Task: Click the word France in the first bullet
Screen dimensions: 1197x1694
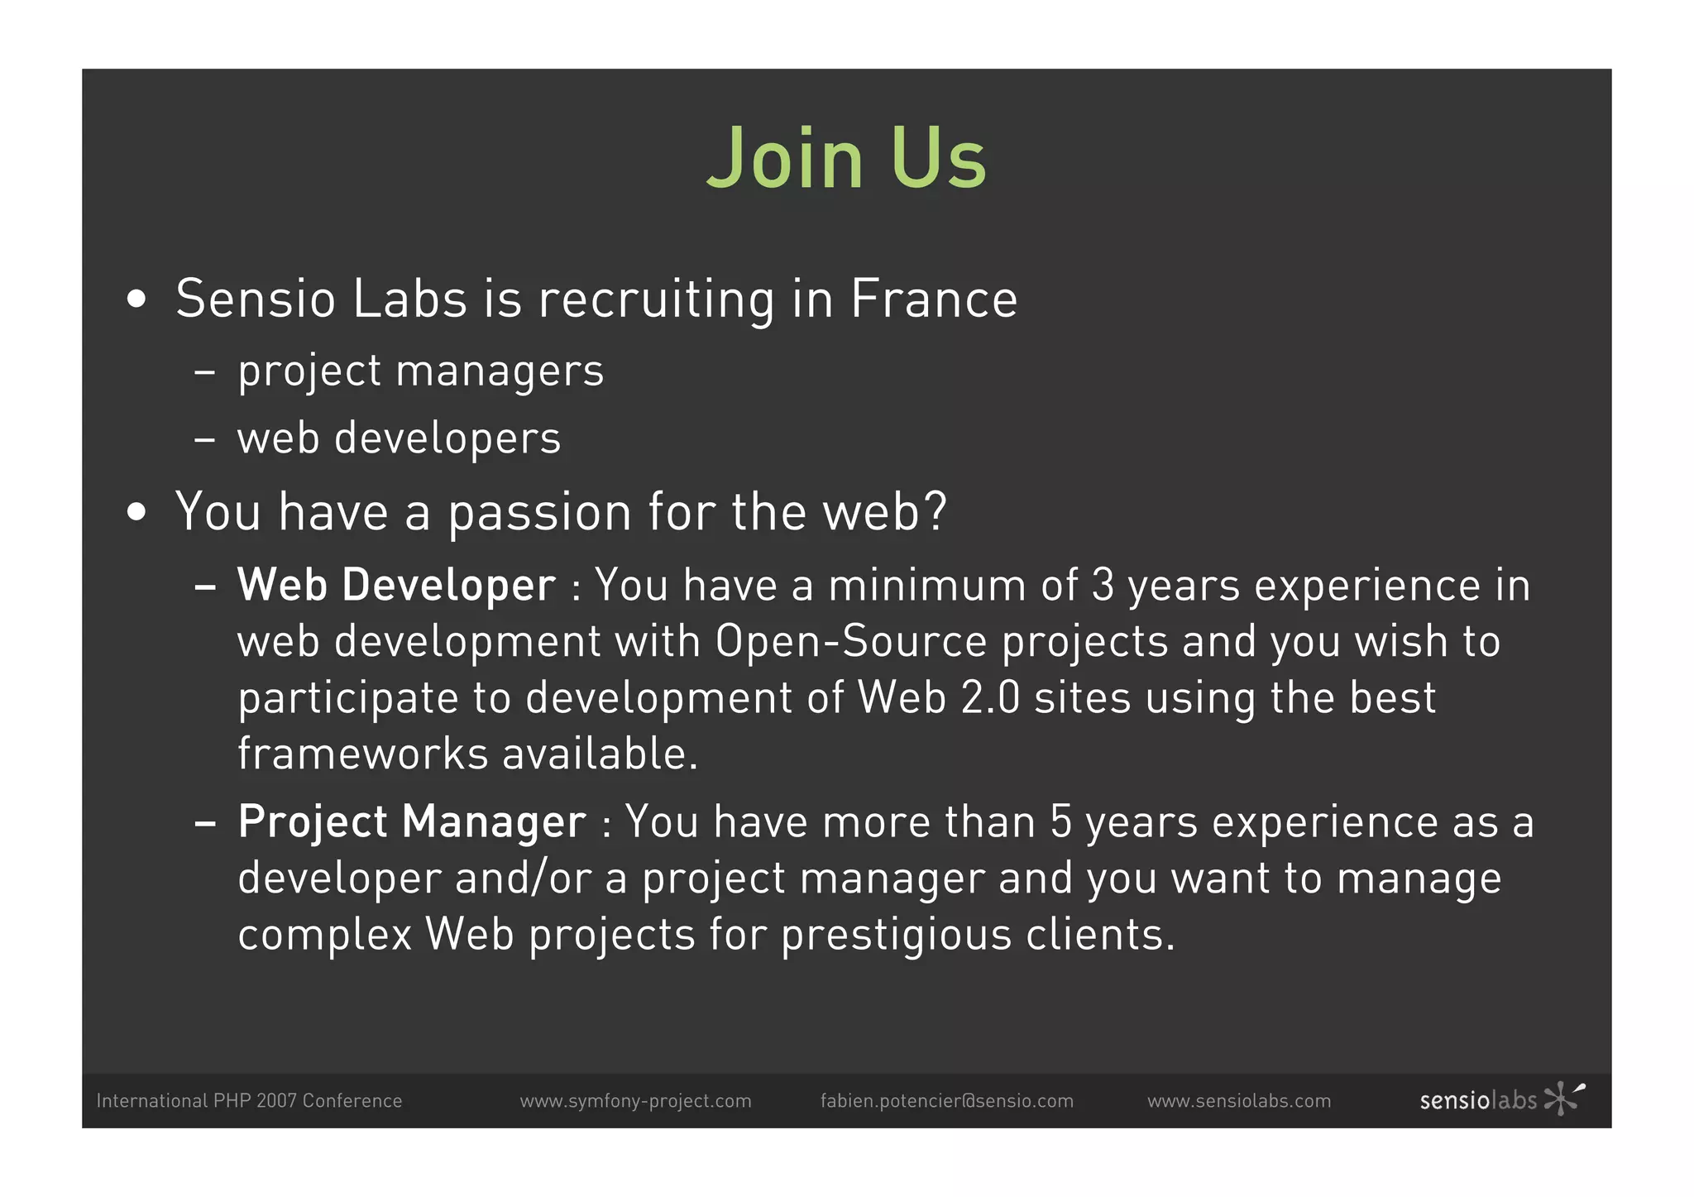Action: (934, 299)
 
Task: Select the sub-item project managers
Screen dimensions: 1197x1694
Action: (420, 371)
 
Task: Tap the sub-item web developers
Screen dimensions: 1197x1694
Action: (399, 438)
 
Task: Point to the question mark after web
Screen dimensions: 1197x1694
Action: (936, 511)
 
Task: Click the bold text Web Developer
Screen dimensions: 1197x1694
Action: (396, 586)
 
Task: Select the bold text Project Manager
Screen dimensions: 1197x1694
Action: (412, 822)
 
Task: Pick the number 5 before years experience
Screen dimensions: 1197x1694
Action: (1061, 822)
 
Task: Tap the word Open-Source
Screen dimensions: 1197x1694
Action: (851, 642)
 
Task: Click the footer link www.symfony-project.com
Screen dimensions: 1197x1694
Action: (635, 1101)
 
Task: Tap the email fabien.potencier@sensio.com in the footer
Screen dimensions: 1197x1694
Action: (946, 1101)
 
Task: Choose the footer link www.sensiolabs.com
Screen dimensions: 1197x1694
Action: (1238, 1101)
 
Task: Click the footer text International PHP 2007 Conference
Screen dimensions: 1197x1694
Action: (249, 1101)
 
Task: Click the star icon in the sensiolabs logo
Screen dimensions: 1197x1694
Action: (1562, 1099)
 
